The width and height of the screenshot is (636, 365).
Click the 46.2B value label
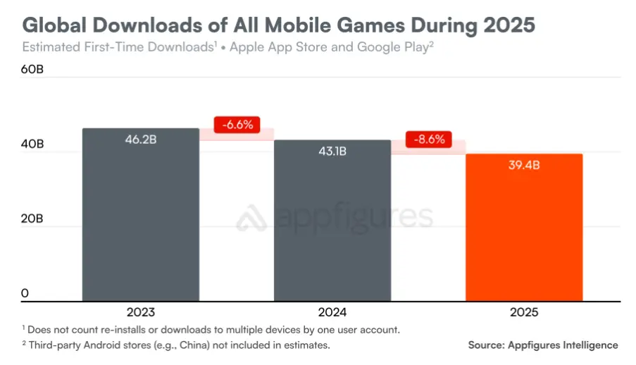(x=140, y=140)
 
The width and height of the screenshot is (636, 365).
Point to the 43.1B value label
(x=332, y=151)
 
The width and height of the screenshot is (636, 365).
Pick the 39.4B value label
(x=524, y=166)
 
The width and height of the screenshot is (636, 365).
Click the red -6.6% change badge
(x=237, y=125)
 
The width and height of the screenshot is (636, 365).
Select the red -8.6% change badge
(x=429, y=139)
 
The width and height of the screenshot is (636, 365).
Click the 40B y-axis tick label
(x=32, y=144)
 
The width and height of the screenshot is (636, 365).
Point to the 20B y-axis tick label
(x=32, y=219)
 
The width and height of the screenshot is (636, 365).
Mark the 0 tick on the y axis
(x=25, y=293)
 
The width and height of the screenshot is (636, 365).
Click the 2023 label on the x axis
(x=140, y=311)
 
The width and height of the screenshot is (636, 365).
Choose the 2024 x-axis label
(x=332, y=311)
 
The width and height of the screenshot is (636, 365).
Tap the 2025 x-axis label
(x=524, y=311)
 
